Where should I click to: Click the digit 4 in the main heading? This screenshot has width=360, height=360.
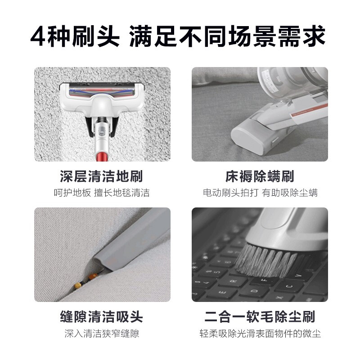coord(37,36)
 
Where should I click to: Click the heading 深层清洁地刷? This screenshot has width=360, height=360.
coord(101,176)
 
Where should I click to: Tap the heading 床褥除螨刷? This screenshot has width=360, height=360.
coord(260,176)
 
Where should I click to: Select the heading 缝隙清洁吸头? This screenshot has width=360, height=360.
coord(101,317)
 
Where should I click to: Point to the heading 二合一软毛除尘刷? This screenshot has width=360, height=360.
coord(260,317)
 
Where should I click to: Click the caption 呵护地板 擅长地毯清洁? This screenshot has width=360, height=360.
coord(102,193)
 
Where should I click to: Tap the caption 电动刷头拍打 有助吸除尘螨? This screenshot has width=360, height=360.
coord(260,193)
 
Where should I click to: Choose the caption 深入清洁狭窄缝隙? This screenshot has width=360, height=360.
coord(102,333)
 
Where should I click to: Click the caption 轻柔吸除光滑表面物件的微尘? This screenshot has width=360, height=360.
coord(260,333)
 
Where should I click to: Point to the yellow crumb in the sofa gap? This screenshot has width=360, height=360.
coord(78,285)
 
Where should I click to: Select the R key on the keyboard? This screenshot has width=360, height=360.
coord(233,282)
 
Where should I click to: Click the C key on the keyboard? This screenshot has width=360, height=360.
coord(289,286)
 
